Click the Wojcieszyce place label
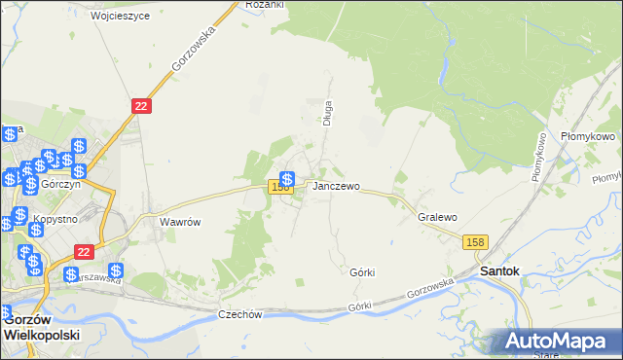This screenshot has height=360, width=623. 121,17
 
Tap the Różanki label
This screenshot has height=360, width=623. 264,5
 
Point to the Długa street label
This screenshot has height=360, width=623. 328,114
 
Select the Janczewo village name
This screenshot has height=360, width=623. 336,186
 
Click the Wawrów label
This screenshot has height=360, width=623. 180,222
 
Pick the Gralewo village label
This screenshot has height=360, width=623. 437,218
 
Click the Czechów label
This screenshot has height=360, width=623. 240,314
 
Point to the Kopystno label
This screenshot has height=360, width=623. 55,219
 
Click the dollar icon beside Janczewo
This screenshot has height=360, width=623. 288,179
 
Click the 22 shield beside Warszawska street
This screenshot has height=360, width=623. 83,250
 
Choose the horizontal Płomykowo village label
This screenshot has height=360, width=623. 588,138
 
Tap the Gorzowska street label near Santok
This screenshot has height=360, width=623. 432,289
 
